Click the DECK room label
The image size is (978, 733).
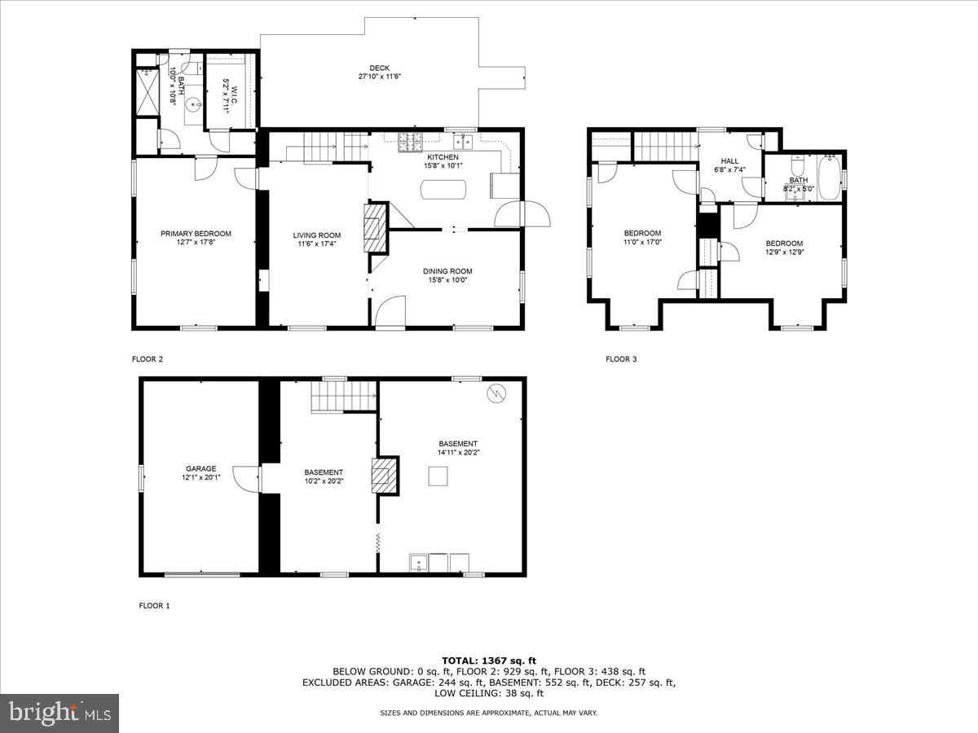tap(380, 68)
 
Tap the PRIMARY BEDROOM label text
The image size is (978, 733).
tap(196, 234)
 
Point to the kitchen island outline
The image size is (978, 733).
tap(444, 189)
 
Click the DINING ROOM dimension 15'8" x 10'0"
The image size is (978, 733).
tap(447, 280)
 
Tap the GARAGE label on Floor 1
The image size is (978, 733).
tap(200, 468)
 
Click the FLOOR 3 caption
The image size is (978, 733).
tap(621, 358)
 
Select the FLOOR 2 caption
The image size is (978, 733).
tap(148, 358)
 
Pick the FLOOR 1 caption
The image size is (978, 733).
tap(155, 605)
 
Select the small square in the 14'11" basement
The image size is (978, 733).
tap(439, 476)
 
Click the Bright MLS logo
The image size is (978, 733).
tap(59, 713)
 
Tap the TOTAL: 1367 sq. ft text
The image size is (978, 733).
tap(489, 661)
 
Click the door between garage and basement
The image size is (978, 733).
tap(245, 478)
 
